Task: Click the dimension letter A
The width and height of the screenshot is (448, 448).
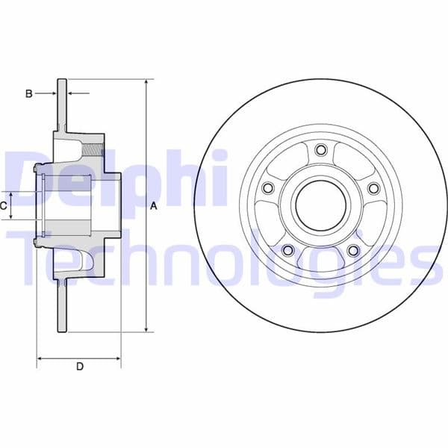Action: [x=154, y=206]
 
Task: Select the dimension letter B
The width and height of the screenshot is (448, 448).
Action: [x=29, y=93]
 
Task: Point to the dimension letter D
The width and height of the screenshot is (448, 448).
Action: [x=79, y=366]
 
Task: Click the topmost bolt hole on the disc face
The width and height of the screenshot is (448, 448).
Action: [x=321, y=151]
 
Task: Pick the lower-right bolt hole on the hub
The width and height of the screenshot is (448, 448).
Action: [x=354, y=250]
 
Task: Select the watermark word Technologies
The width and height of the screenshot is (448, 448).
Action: [x=224, y=258]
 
